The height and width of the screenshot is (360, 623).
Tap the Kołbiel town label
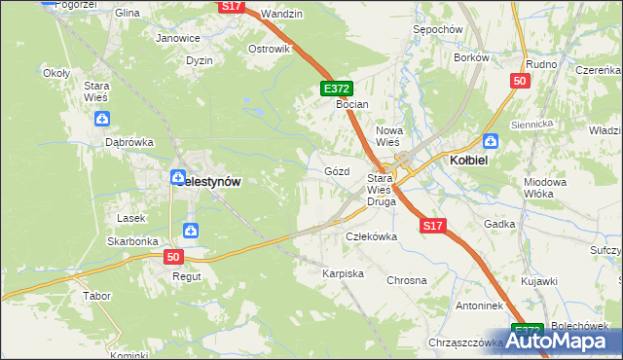[x=467, y=159]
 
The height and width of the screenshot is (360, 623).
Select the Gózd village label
[x=336, y=170]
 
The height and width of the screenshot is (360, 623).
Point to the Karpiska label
[x=343, y=273]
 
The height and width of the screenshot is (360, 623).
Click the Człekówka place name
[x=372, y=236]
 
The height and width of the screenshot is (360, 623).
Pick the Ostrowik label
[x=270, y=49]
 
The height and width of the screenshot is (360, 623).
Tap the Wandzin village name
[x=283, y=14]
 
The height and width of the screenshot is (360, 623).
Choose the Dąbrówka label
[x=129, y=141]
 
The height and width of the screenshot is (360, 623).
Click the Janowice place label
[x=178, y=38]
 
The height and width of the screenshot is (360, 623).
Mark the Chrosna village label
[x=407, y=280]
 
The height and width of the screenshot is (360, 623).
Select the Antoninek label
[x=451, y=306]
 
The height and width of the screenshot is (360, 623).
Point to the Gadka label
[x=499, y=223]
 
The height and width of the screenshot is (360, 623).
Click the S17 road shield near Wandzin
[x=231, y=6]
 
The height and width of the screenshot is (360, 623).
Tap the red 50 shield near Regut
[x=173, y=257]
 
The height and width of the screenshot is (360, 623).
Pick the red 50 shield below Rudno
[x=519, y=81]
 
